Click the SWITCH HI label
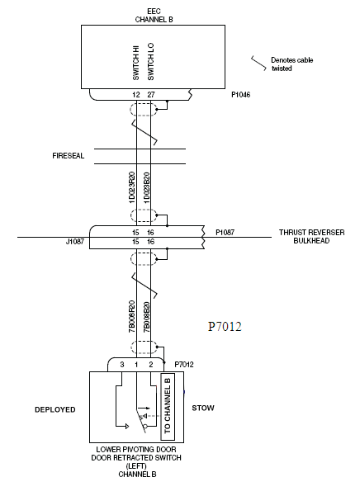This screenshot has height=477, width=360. [135, 64]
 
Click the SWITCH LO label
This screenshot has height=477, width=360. [150, 62]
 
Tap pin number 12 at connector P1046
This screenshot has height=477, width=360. [136, 95]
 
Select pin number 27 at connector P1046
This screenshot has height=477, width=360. [151, 95]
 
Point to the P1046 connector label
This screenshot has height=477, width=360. [241, 95]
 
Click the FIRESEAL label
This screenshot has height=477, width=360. [69, 156]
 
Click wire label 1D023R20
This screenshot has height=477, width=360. [132, 187]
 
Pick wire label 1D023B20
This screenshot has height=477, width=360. [147, 187]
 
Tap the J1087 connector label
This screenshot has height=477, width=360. [75, 242]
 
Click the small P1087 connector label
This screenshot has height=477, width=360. [225, 233]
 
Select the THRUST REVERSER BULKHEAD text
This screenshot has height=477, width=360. [312, 237]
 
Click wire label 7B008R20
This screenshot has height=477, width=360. [132, 317]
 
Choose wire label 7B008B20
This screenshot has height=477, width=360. [147, 317]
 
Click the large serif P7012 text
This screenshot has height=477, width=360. [225, 327]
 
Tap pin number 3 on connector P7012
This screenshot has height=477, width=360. [122, 365]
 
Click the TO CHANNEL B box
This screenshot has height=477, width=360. [168, 407]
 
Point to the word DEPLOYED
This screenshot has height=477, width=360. [55, 409]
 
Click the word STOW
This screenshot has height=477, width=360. [203, 408]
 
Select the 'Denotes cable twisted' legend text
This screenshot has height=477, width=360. [291, 64]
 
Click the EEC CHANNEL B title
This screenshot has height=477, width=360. [154, 16]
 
